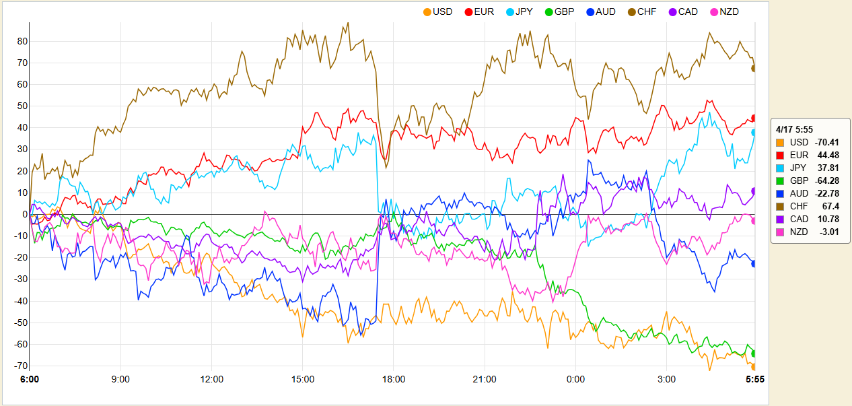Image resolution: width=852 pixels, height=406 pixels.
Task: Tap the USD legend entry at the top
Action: pyautogui.click(x=437, y=11)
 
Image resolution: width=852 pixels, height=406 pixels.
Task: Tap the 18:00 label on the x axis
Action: pyautogui.click(x=394, y=380)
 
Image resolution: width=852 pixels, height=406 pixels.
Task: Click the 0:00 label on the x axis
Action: pyautogui.click(x=575, y=380)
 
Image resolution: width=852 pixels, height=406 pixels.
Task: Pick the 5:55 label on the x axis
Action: pyautogui.click(x=754, y=380)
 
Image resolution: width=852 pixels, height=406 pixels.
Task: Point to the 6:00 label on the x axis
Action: pyautogui.click(x=30, y=380)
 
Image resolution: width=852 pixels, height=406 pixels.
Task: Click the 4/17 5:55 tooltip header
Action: pyautogui.click(x=794, y=129)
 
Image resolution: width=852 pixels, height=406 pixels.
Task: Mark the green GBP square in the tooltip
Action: pyautogui.click(x=780, y=180)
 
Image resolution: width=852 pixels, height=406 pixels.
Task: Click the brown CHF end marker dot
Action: pyautogui.click(x=754, y=68)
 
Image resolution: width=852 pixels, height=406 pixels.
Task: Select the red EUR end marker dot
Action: pyautogui.click(x=754, y=118)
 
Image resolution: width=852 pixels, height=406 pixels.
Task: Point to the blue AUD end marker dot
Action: pyautogui.click(x=754, y=263)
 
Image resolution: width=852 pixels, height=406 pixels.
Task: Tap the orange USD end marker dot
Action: pyautogui.click(x=754, y=366)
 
